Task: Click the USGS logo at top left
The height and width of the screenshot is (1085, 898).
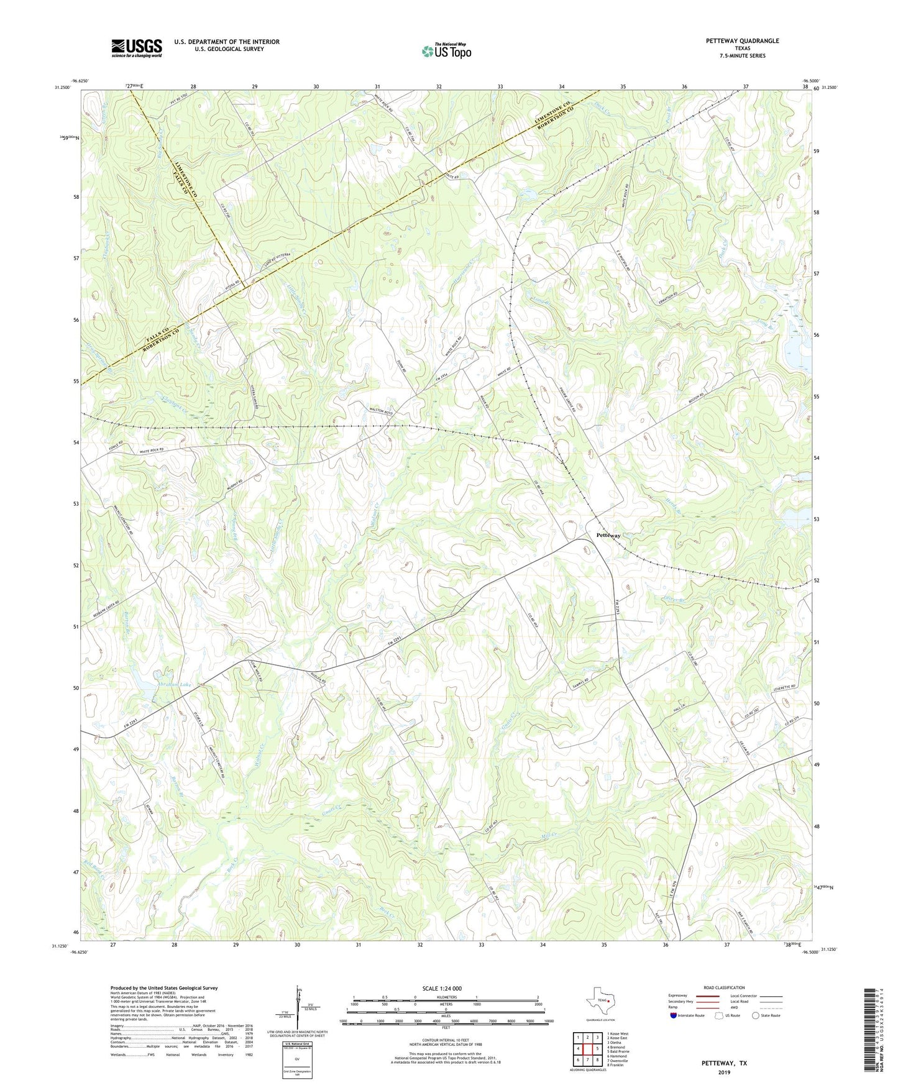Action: [137, 48]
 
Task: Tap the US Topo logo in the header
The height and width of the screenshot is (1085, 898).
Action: [446, 51]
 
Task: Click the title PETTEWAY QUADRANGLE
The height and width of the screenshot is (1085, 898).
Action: [742, 41]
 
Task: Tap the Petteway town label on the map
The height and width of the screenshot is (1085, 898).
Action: [608, 535]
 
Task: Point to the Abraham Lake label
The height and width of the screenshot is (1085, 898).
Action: [175, 684]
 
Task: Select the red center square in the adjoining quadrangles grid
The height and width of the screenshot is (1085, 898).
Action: [587, 1049]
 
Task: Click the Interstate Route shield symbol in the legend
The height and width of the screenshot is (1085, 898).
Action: [674, 1015]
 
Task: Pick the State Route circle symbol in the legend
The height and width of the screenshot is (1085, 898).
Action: [755, 1015]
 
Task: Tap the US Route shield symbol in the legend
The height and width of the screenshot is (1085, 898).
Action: [719, 1015]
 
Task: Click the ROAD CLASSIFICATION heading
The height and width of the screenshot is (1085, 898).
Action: [724, 987]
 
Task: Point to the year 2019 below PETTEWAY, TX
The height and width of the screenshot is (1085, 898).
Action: [724, 1073]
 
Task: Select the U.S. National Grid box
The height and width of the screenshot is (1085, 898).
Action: [296, 1058]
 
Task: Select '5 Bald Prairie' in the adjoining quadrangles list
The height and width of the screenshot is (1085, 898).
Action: [618, 1051]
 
